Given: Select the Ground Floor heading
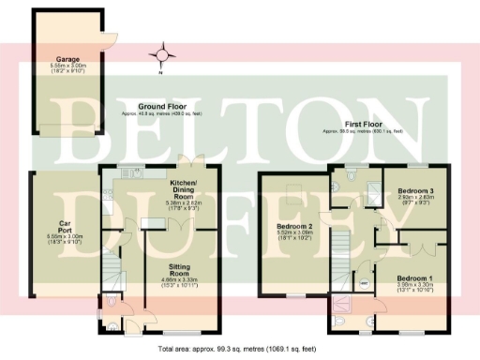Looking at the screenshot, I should click(x=161, y=107).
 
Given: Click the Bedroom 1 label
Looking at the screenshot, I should click(x=414, y=279).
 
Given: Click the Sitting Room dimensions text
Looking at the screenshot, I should click(x=181, y=280).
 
